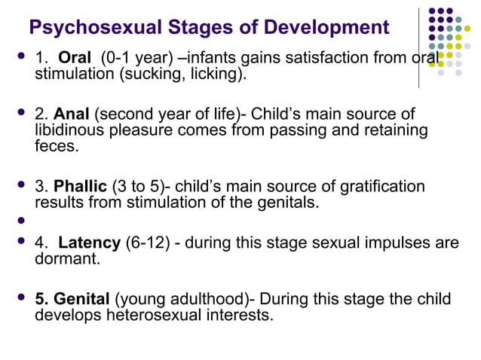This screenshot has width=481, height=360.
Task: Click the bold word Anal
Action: (72, 115)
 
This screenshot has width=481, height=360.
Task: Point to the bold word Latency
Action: (89, 243)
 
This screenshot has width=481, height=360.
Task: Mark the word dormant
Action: (67, 258)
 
